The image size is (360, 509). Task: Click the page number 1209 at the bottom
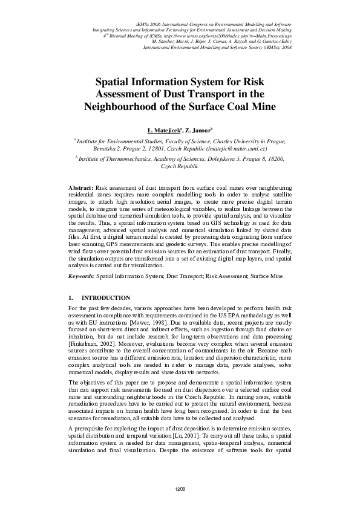pos(180,488)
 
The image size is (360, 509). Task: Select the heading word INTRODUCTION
pos(105,298)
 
